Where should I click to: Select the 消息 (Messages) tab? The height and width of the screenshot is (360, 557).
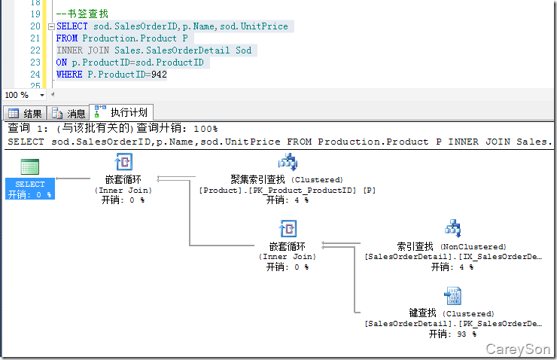pos(68,114)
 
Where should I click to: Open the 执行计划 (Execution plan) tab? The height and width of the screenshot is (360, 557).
pos(122,112)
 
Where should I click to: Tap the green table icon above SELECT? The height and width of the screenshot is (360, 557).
pos(30,167)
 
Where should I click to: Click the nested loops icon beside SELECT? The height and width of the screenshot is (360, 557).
pos(123,162)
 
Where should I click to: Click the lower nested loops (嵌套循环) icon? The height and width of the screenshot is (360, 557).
pos(287,228)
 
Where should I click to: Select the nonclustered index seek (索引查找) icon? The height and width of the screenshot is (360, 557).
pos(452,228)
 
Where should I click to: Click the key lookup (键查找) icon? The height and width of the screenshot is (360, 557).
pos(452,295)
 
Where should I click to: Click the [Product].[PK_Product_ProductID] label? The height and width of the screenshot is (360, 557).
pos(287,191)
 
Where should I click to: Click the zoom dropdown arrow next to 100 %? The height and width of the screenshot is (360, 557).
pos(41,96)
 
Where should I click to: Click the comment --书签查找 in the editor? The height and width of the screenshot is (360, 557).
pos(82,14)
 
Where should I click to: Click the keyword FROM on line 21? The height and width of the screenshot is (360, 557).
pos(67,38)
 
